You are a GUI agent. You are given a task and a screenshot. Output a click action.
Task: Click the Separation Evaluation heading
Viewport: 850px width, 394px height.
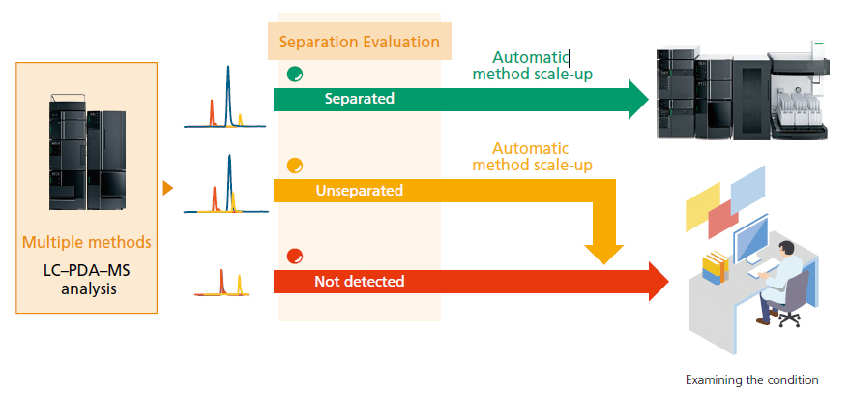click(360, 42)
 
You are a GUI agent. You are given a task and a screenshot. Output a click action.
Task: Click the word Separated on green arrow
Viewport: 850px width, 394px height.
click(360, 99)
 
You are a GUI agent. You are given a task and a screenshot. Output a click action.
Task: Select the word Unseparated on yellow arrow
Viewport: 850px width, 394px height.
click(360, 191)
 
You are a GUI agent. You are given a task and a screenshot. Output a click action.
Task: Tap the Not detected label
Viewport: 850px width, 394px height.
click(360, 281)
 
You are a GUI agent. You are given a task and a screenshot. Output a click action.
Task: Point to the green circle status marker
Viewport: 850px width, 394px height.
click(295, 75)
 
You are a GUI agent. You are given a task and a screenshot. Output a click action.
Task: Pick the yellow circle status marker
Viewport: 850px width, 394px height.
click(295, 166)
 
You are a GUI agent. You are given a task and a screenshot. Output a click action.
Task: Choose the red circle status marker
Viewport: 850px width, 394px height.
click(295, 257)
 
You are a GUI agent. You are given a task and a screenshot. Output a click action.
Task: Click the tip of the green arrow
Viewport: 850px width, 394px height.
click(649, 100)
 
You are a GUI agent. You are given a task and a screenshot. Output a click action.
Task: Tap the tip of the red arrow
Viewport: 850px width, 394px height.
click(669, 281)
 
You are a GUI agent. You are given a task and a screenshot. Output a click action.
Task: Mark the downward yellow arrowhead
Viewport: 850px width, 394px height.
click(603, 255)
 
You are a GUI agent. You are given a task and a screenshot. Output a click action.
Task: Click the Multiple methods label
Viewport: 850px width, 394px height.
click(87, 241)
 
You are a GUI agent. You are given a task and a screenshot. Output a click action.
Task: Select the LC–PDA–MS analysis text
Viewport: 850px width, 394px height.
click(87, 279)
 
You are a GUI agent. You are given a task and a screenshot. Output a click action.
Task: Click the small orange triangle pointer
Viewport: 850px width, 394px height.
click(168, 189)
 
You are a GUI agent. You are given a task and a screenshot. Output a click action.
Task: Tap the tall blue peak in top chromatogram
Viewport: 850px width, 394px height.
click(228, 95)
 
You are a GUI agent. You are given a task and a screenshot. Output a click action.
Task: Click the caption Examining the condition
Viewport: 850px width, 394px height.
click(752, 379)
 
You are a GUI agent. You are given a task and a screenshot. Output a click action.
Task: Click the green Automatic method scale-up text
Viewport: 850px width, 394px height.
click(532, 65)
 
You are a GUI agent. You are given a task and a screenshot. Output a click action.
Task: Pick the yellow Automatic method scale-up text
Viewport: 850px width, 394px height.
click(532, 156)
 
